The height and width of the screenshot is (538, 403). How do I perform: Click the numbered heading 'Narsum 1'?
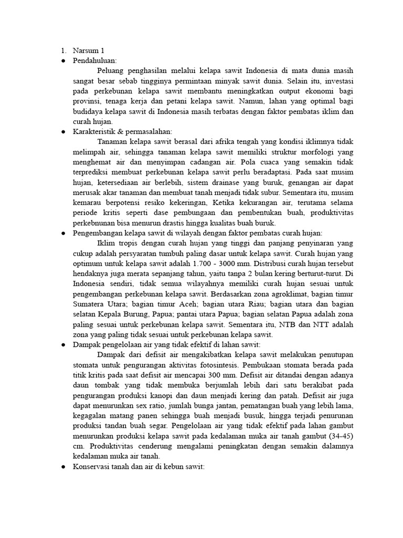pyautogui.click(x=89, y=51)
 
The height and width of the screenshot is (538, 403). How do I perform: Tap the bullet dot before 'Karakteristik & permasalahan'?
pyautogui.click(x=63, y=131)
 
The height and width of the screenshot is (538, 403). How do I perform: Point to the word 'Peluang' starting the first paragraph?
pyautogui.click(x=112, y=70)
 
